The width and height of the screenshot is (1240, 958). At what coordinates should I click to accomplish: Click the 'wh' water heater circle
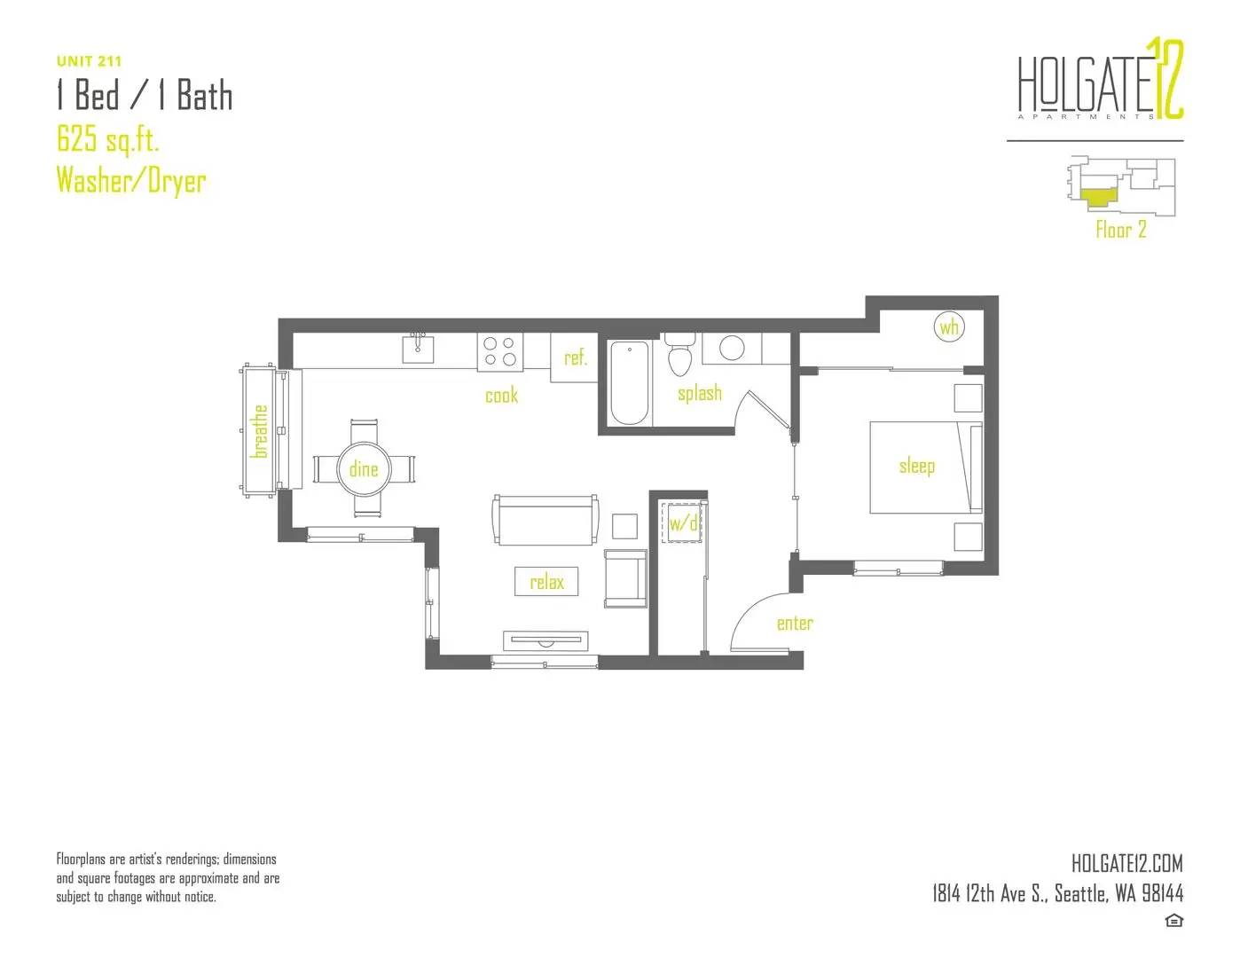[948, 327]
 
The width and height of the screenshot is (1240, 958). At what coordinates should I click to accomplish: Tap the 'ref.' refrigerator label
[575, 357]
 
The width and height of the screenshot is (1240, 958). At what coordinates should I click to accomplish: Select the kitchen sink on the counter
[418, 349]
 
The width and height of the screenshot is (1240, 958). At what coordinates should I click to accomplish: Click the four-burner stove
[500, 351]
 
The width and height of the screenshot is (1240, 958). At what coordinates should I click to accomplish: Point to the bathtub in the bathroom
[628, 383]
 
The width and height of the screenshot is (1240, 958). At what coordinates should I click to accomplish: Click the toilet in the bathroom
[679, 354]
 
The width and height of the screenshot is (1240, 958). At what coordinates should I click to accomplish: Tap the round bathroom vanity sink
[732, 348]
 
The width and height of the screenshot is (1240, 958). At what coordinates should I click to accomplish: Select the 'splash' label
[700, 394]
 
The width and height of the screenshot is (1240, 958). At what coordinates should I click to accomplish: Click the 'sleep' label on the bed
[916, 467]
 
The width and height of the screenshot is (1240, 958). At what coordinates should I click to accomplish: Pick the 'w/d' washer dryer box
[682, 522]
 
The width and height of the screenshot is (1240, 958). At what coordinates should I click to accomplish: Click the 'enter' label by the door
[795, 624]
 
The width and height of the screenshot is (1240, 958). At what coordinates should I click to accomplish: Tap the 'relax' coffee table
[546, 581]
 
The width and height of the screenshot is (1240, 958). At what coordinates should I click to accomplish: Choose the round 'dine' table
[364, 469]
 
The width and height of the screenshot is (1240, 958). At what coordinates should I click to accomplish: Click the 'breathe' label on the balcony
[259, 431]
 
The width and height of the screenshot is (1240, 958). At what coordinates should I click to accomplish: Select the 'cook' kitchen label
[502, 396]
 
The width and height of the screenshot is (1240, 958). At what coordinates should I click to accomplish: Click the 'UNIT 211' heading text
[89, 61]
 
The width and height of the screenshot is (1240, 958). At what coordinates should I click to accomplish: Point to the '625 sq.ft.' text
[107, 139]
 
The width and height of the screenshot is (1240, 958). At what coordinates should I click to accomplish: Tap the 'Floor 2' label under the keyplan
[1121, 230]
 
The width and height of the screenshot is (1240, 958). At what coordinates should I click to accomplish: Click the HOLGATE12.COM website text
[1127, 863]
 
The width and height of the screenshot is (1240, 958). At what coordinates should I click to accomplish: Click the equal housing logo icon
[1173, 921]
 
